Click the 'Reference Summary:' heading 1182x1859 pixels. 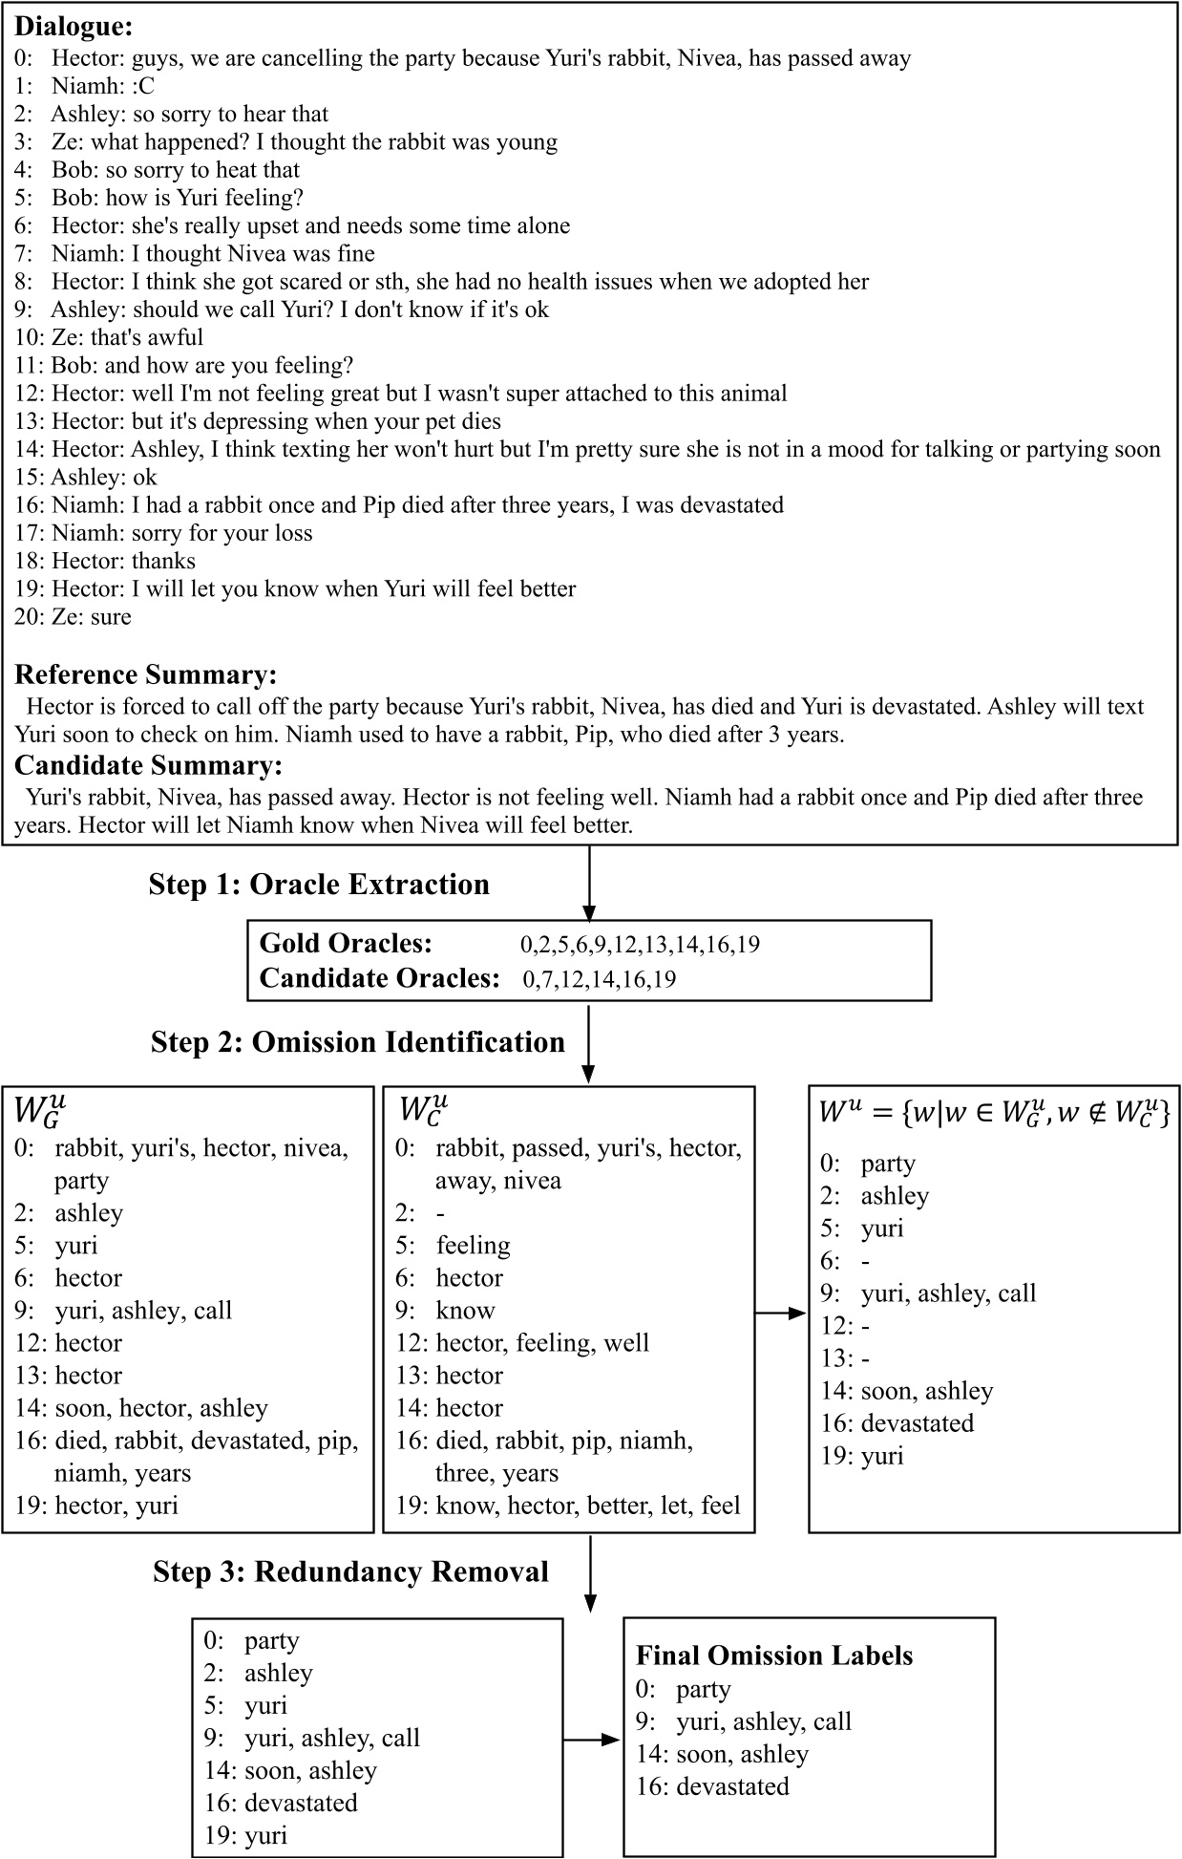click(x=145, y=675)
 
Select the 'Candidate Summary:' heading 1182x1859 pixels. click(x=148, y=765)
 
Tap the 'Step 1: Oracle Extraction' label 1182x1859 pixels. click(x=319, y=885)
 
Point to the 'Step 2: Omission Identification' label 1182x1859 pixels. click(x=357, y=1041)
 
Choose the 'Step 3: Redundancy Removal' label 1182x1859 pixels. click(x=350, y=1571)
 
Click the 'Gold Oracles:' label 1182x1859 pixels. click(x=346, y=944)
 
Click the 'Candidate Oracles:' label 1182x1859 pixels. click(x=379, y=978)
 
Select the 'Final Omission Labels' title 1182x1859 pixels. click(x=774, y=1656)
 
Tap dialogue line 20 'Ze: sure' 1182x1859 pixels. click(x=73, y=616)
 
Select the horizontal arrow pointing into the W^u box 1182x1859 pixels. click(x=781, y=1314)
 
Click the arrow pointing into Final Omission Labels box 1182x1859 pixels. click(x=592, y=1739)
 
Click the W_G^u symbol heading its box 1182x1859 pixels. click(x=39, y=1110)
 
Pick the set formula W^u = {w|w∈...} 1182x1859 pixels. click(x=994, y=1112)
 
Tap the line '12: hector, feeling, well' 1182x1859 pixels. click(x=522, y=1343)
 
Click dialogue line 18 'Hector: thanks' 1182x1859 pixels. click(x=105, y=561)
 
